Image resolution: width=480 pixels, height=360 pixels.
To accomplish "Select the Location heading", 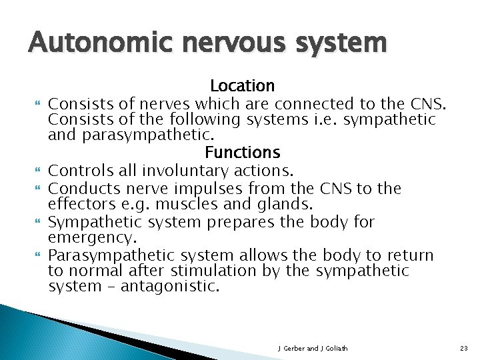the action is click(242, 86).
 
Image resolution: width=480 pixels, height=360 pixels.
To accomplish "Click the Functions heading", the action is click(242, 153).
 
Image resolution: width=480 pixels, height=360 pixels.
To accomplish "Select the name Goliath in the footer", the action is click(335, 348).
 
